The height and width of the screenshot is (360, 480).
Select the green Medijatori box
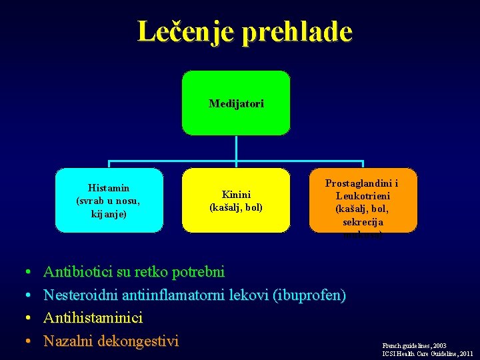click(x=236, y=103)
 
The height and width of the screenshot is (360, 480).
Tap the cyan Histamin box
click(x=109, y=200)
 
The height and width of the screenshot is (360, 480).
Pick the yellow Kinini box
click(x=236, y=200)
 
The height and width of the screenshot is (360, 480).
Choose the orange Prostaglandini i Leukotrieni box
click(x=363, y=200)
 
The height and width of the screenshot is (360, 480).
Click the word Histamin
click(x=109, y=188)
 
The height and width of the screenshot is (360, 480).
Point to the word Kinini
click(x=236, y=195)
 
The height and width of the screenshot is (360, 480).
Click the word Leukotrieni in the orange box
click(x=363, y=196)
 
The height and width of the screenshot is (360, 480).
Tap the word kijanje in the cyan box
click(x=109, y=214)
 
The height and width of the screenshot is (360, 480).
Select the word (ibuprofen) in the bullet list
click(x=309, y=295)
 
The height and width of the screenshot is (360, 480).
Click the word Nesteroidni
click(x=79, y=295)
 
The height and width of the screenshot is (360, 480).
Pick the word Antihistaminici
click(x=93, y=318)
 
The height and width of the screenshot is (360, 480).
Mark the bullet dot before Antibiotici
click(x=27, y=273)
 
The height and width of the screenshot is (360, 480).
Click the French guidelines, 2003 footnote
click(x=415, y=346)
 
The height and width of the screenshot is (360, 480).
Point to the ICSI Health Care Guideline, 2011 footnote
click(x=427, y=354)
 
